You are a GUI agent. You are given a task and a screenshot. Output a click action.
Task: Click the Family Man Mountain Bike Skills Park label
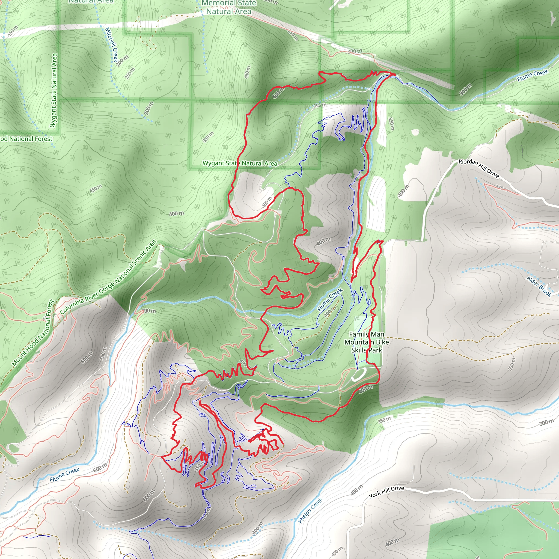click(367, 342)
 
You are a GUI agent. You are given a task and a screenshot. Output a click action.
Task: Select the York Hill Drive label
click(386, 492)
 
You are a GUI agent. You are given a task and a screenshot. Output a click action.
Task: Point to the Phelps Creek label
click(310, 510)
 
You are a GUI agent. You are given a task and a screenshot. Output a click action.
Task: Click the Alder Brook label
click(539, 286)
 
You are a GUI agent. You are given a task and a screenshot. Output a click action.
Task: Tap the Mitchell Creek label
click(112, 44)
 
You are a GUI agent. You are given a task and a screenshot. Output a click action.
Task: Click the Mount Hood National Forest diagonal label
click(33, 333)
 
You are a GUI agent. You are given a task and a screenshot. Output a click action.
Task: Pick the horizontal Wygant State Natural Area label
click(240, 163)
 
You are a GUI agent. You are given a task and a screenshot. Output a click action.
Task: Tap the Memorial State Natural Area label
click(229, 8)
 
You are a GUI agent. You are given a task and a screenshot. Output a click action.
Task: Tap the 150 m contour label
click(13, 31)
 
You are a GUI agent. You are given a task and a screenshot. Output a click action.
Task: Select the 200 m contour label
click(122, 60)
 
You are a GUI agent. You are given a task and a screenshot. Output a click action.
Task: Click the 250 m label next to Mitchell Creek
click(130, 73)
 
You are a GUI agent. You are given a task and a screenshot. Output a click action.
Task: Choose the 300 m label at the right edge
click(546, 423)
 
